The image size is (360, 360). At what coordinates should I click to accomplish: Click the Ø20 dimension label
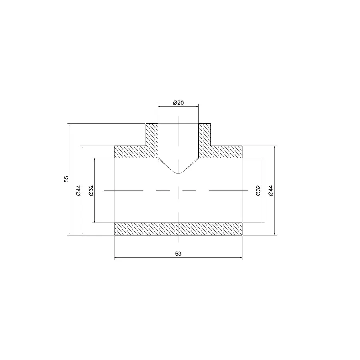click(x=178, y=103)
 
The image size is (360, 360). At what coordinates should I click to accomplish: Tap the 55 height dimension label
click(x=66, y=179)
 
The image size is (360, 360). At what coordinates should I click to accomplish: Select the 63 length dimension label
click(x=178, y=254)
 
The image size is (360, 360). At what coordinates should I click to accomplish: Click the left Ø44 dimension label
click(x=78, y=190)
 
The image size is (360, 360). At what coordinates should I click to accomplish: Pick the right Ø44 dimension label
click(x=270, y=190)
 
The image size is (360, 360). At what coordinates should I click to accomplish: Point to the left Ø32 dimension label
click(x=91, y=190)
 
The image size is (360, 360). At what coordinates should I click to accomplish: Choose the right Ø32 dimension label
click(x=258, y=190)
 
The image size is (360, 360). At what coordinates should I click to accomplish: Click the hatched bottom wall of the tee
click(x=178, y=229)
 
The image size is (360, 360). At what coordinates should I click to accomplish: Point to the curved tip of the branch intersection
click(x=178, y=173)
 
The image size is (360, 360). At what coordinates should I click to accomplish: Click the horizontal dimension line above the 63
click(x=178, y=259)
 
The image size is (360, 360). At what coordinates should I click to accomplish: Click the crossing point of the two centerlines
click(x=178, y=190)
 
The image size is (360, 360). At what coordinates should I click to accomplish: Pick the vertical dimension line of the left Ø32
click(x=94, y=208)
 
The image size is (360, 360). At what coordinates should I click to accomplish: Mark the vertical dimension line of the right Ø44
click(x=275, y=212)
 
